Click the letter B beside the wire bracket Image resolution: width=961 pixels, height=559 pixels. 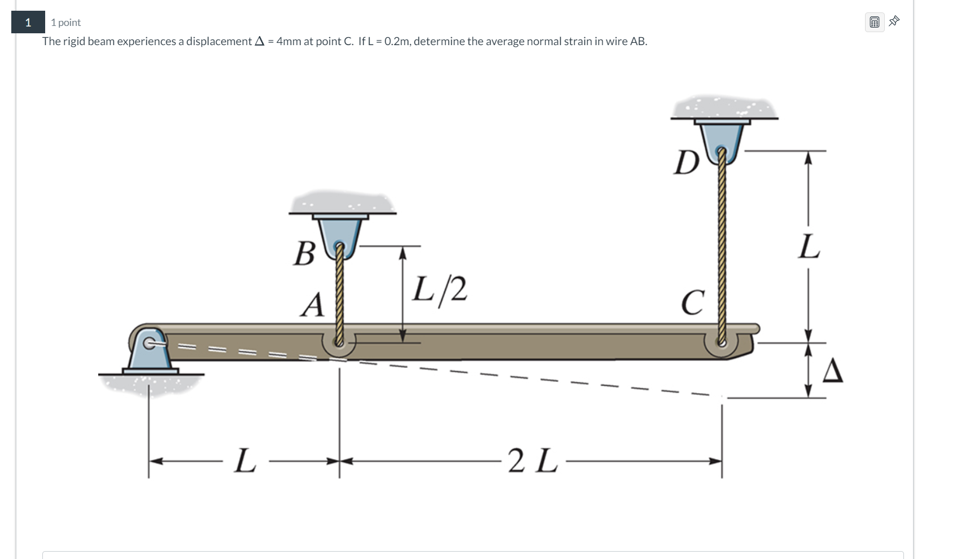(x=304, y=253)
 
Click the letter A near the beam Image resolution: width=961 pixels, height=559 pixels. (x=313, y=305)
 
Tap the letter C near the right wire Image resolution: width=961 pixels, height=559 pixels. (x=693, y=303)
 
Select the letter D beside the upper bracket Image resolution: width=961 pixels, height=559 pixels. (x=687, y=163)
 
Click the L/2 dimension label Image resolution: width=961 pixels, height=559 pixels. (x=440, y=289)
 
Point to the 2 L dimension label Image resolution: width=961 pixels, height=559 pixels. (x=532, y=461)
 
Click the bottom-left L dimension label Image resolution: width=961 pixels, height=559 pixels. (x=244, y=461)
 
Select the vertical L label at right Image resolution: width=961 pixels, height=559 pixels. (x=809, y=247)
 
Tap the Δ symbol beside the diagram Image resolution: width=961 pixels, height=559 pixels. (x=832, y=372)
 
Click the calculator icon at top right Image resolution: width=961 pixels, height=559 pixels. (x=874, y=23)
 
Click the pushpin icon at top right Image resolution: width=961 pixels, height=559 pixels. (x=894, y=21)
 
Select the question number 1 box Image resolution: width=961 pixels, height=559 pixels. (x=28, y=23)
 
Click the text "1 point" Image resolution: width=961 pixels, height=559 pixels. (x=65, y=23)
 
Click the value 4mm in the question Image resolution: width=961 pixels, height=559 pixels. (x=289, y=41)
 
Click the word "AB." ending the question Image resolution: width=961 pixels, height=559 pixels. (x=638, y=41)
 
